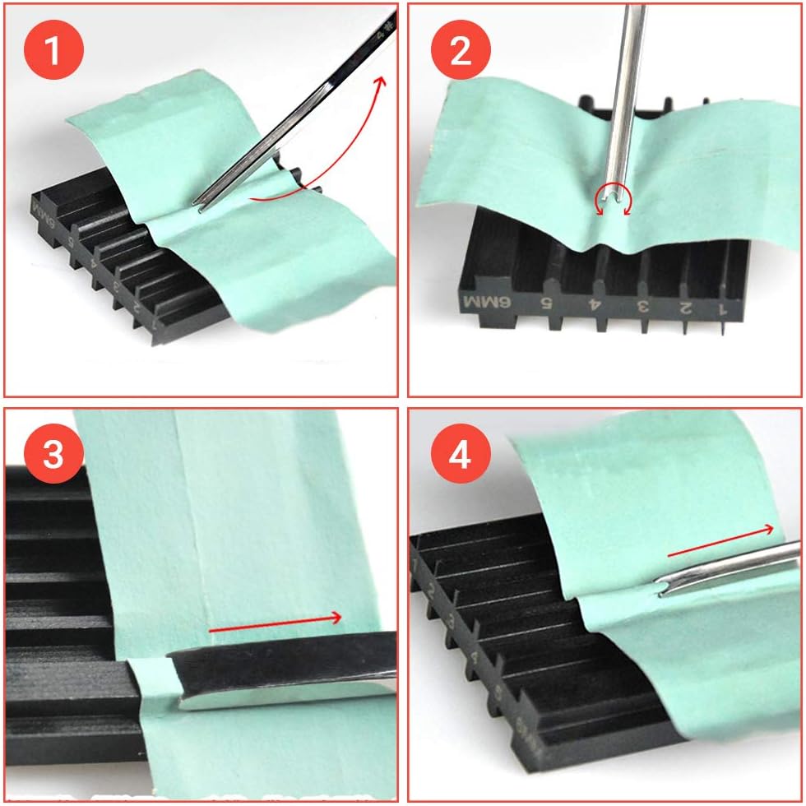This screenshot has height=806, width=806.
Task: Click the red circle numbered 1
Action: pos(53,51)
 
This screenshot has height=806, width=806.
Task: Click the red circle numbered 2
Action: pos(460,51)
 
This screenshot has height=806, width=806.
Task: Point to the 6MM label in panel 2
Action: pos(487,302)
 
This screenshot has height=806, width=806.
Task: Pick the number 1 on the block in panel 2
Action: pos(724,311)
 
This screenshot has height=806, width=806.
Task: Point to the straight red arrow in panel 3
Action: pos(276,622)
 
